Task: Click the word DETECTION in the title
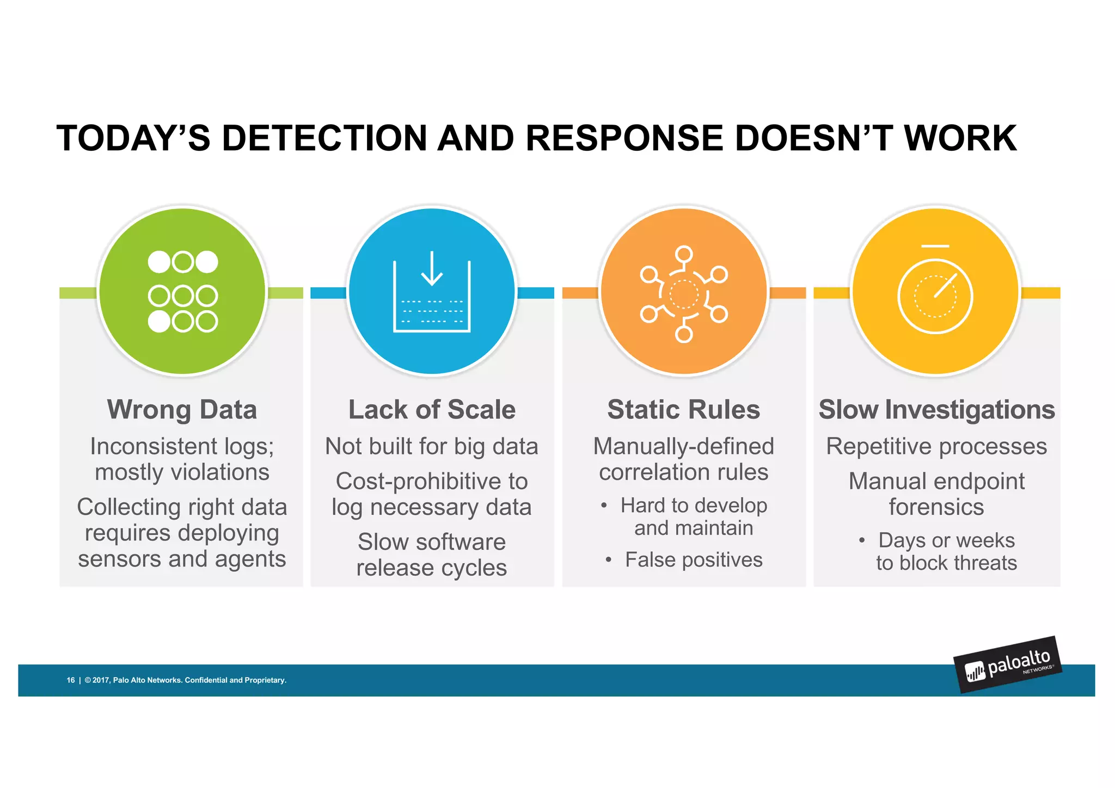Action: click(x=324, y=138)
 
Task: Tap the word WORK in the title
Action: click(x=960, y=138)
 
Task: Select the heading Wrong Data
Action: click(x=182, y=410)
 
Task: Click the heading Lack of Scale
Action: click(x=432, y=410)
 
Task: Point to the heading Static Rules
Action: click(x=683, y=410)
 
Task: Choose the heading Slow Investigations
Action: click(x=936, y=410)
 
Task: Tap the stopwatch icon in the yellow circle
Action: click(x=935, y=294)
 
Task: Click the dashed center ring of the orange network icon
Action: click(x=683, y=294)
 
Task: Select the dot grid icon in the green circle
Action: click(x=182, y=292)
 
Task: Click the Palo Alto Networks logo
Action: click(x=1008, y=664)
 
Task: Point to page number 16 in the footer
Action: click(x=71, y=680)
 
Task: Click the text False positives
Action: click(x=693, y=560)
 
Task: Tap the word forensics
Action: click(x=936, y=507)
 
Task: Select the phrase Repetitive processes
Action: click(x=936, y=446)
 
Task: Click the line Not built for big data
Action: click(x=432, y=446)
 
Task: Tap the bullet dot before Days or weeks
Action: click(x=862, y=541)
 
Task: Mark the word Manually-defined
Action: click(x=683, y=446)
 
